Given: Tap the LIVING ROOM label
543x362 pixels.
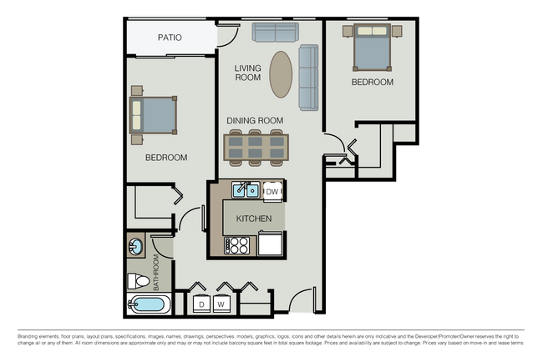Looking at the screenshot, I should (248, 73).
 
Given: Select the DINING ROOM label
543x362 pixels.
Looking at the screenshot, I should (256, 120).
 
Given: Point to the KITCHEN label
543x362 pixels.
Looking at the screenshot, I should (254, 219).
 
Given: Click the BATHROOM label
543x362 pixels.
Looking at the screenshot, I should (155, 274).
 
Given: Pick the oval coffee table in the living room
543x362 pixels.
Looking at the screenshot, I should (282, 73).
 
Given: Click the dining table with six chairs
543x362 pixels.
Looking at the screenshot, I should (256, 146).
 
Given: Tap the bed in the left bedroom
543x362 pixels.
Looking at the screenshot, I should (153, 115).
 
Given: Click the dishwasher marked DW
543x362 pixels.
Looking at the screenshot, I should (272, 192).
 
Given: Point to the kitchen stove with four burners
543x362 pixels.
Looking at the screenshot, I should (237, 245).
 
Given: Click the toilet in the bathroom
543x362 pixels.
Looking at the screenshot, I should (138, 280).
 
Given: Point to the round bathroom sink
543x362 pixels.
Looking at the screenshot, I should (136, 247).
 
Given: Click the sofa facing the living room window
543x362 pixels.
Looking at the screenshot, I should (276, 33).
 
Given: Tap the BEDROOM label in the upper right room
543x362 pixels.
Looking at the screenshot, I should (372, 83).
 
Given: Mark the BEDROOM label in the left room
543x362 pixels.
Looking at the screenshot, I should (166, 158).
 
